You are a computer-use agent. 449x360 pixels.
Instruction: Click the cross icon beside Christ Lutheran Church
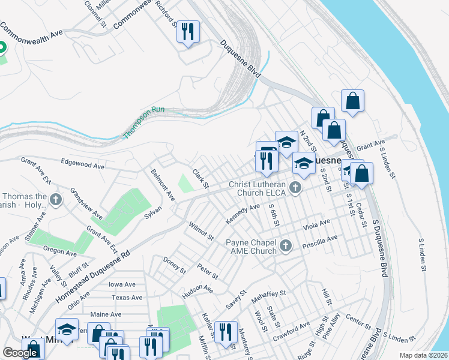tap(295, 188)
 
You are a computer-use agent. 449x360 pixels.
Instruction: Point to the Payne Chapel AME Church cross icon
tap(286, 245)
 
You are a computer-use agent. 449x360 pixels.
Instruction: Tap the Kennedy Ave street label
tap(243, 214)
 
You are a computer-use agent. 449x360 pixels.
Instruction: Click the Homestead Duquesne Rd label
tap(93, 277)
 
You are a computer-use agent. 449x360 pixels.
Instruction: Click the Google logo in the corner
tap(20, 353)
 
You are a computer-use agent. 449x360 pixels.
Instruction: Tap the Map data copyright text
tap(424, 355)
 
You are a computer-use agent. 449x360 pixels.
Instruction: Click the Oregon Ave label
tap(60, 250)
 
